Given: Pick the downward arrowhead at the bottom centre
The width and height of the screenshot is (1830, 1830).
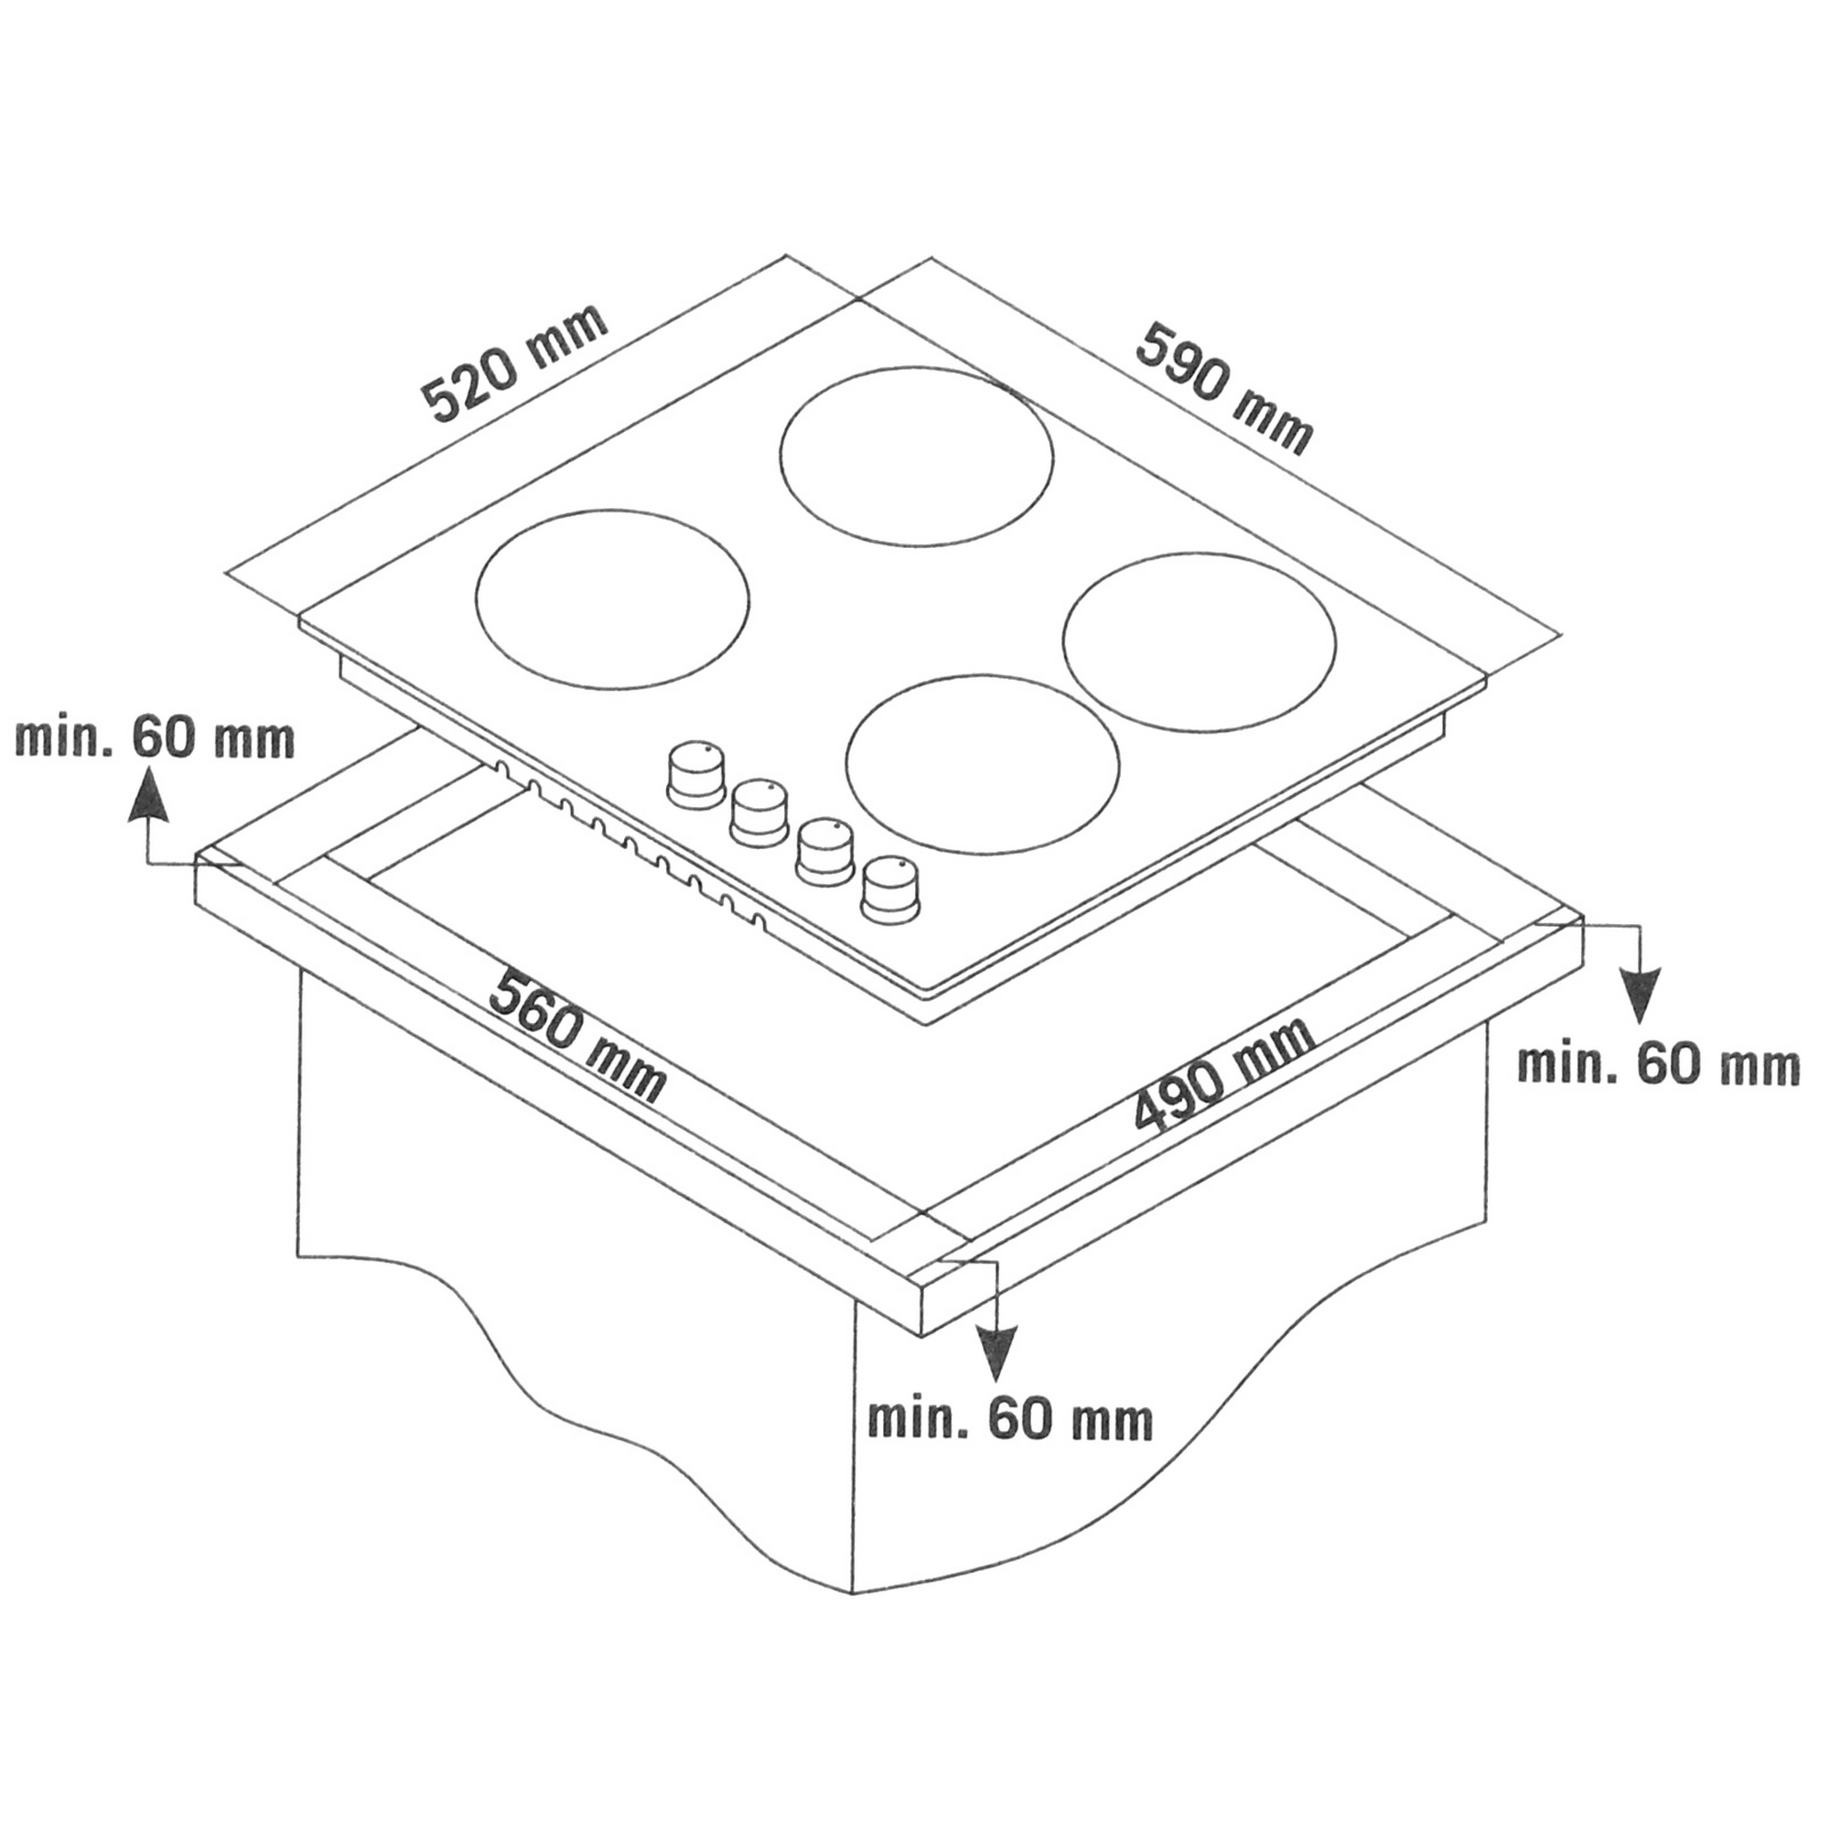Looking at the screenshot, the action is pos(995,1352).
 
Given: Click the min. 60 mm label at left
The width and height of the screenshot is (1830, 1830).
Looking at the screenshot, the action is pos(155,738).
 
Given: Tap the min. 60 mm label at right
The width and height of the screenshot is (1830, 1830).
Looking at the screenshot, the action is pos(1658,1067).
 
